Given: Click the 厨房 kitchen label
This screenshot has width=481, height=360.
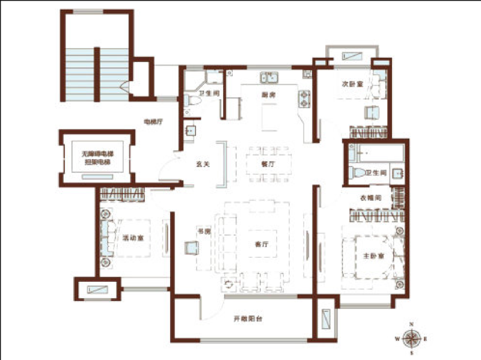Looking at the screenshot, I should point(268,96).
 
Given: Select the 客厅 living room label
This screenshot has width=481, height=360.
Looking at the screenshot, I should point(261,245).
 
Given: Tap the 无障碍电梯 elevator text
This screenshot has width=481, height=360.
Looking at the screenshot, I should point(98,155).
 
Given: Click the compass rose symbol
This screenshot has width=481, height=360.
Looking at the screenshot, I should point(411,339).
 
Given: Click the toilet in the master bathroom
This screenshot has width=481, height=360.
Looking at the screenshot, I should point(358,173).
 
